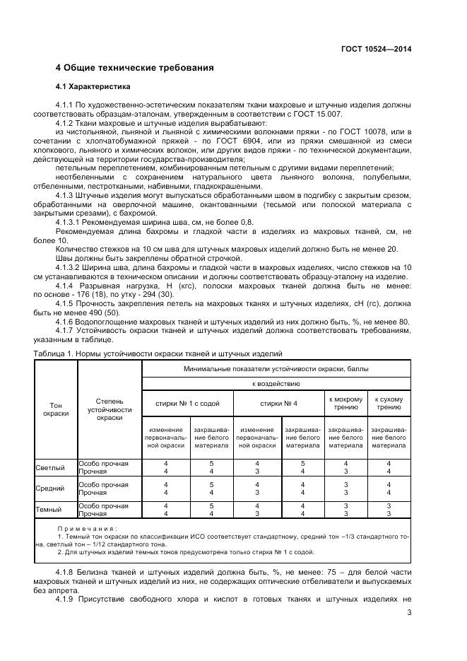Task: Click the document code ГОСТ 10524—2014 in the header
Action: pyautogui.click(x=374, y=49)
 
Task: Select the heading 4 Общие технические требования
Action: pyautogui.click(x=134, y=69)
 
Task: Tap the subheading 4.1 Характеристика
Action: pyautogui.click(x=93, y=87)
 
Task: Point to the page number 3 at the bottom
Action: pyautogui.click(x=409, y=612)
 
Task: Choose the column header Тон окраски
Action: pyautogui.click(x=56, y=409)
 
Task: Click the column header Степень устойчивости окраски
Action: pyautogui.click(x=110, y=409)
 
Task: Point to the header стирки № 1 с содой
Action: pyautogui.click(x=187, y=403)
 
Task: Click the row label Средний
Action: pyautogui.click(x=50, y=488)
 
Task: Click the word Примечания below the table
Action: pyautogui.click(x=88, y=528)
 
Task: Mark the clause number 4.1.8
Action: pyautogui.click(x=68, y=570)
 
